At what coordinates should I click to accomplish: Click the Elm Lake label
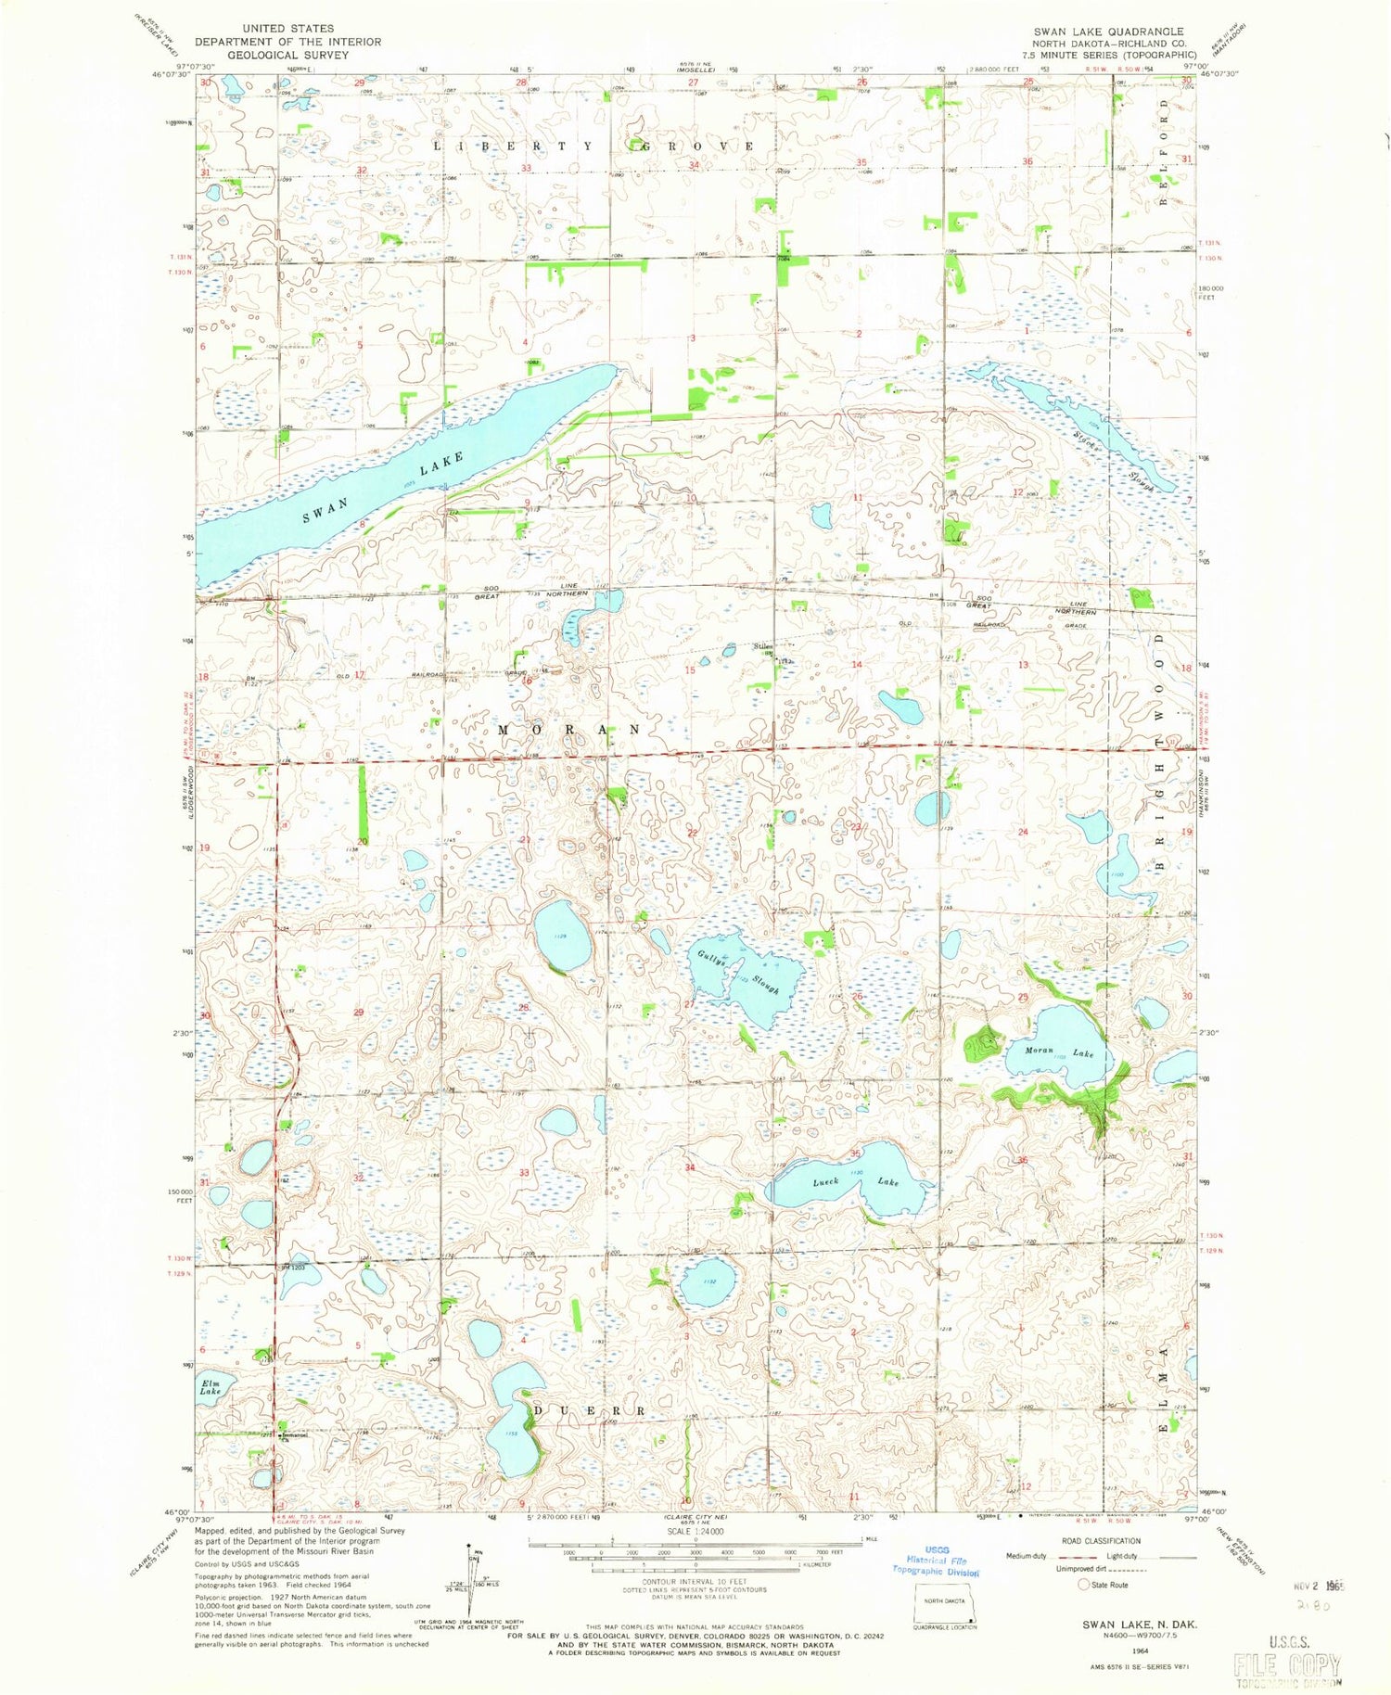click(x=211, y=1387)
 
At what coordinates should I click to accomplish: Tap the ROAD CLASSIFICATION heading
click(x=1102, y=1541)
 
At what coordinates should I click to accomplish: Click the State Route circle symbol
click(x=1082, y=1585)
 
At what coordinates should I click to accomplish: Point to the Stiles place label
click(x=762, y=646)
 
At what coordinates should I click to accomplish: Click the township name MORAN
click(x=569, y=730)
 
